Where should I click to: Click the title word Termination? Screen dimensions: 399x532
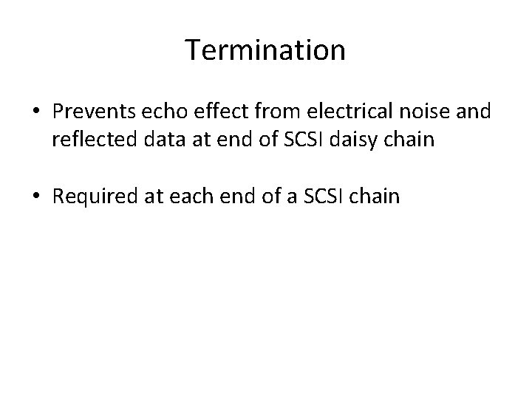(265, 50)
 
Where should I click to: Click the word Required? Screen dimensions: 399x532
(94, 197)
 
